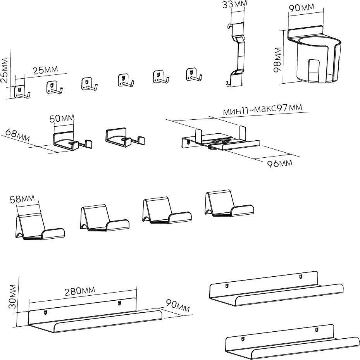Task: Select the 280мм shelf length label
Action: [x=81, y=291]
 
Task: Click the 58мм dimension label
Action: [x=25, y=200]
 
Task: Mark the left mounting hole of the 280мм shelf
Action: [x=47, y=312]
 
